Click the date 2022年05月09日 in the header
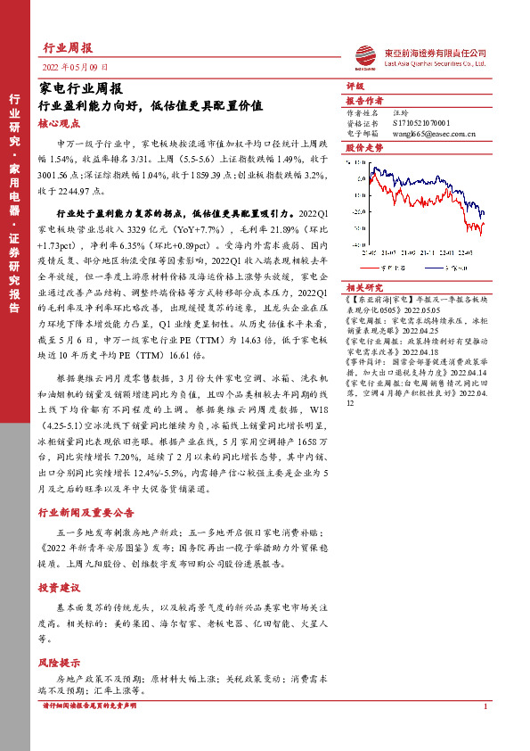pyautogui.click(x=76, y=67)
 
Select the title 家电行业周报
pyautogui.click(x=81, y=88)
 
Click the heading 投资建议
pyautogui.click(x=60, y=589)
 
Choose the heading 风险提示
pyautogui.click(x=60, y=663)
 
